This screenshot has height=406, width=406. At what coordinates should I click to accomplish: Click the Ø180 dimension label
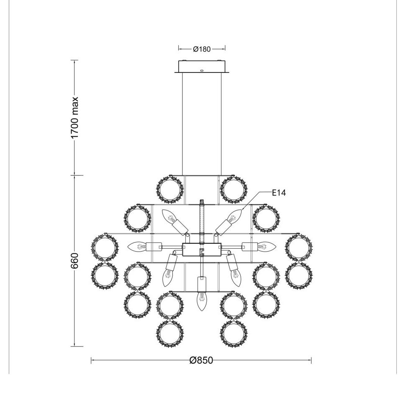(202, 49)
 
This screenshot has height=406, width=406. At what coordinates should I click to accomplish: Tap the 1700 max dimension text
(75, 118)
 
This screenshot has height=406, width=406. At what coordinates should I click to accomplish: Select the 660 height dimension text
(75, 260)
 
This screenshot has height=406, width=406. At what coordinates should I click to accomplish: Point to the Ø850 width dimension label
(201, 360)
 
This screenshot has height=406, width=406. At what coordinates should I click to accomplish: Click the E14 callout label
(279, 193)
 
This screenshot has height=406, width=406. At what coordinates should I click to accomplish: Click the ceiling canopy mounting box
(202, 67)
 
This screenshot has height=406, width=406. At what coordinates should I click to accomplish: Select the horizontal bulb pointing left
(137, 246)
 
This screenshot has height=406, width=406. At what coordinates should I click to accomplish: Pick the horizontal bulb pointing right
(267, 246)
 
